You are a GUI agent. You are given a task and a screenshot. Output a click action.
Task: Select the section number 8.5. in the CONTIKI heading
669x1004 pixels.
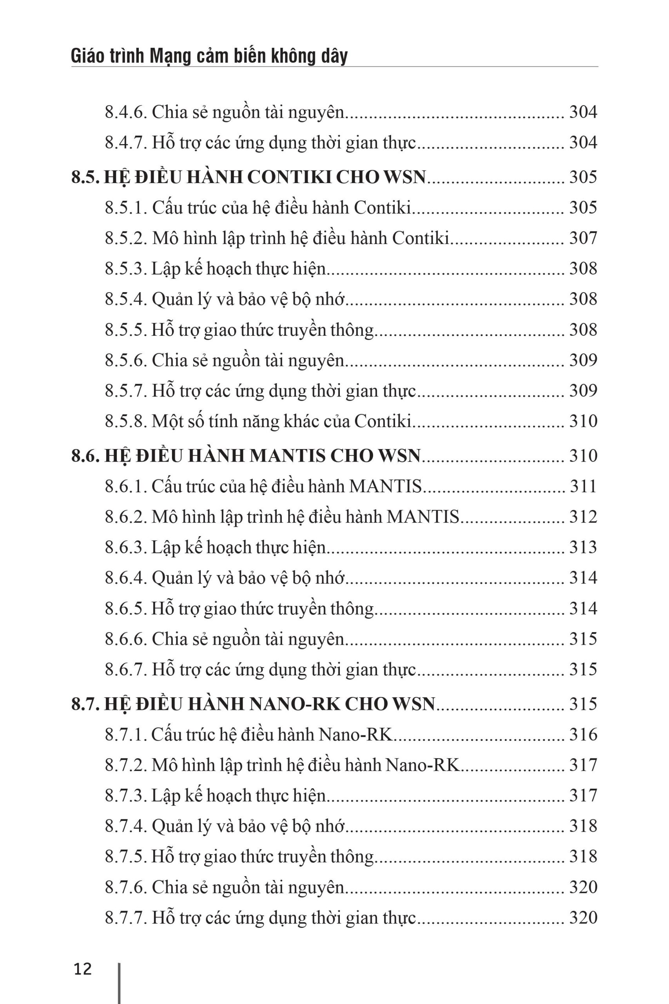pyautogui.click(x=85, y=177)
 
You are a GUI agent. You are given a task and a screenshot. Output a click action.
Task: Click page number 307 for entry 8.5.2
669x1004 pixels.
pyautogui.click(x=583, y=238)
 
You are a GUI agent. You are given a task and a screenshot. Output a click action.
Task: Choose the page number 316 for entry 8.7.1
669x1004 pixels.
pyautogui.click(x=583, y=734)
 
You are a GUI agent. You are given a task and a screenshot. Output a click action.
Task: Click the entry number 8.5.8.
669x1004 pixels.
pyautogui.click(x=126, y=421)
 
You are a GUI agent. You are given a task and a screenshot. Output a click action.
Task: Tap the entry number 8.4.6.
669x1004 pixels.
pyautogui.click(x=126, y=112)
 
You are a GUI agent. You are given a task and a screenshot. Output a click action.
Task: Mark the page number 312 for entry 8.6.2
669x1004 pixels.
pyautogui.click(x=583, y=517)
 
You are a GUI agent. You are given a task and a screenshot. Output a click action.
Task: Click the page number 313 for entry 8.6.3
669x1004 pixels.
pyautogui.click(x=583, y=547)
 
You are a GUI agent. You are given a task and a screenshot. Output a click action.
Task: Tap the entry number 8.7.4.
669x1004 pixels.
pyautogui.click(x=126, y=826)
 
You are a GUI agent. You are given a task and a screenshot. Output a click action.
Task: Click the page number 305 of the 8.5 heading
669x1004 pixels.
pyautogui.click(x=583, y=177)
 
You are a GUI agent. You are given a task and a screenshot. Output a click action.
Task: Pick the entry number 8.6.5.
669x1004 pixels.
pyautogui.click(x=126, y=608)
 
